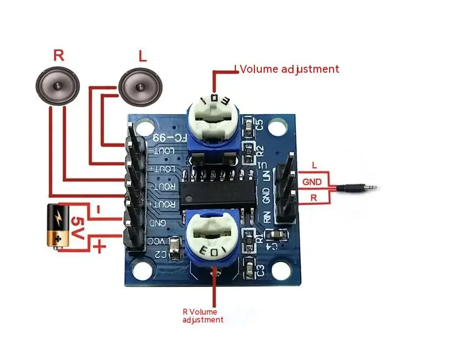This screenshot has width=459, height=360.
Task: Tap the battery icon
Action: tap(59, 225)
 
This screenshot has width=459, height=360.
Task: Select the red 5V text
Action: tap(78, 228)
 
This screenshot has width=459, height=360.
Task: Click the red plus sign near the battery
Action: tap(99, 247)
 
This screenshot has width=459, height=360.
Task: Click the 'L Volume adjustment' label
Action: tap(287, 69)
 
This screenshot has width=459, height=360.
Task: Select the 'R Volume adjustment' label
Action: tap(203, 316)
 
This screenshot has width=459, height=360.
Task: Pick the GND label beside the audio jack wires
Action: tap(312, 182)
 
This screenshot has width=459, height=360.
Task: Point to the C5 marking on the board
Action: tap(259, 125)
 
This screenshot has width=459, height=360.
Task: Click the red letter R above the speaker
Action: tap(59, 55)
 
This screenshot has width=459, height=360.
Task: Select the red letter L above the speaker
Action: tap(142, 57)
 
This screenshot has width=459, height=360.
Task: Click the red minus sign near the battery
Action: tap(98, 210)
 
